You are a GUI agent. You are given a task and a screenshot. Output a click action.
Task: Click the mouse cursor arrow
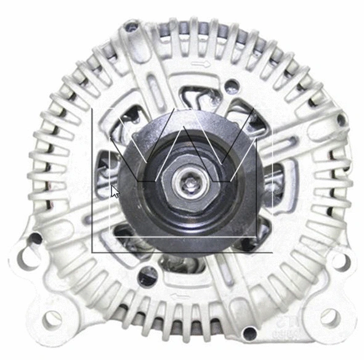coord(115,192)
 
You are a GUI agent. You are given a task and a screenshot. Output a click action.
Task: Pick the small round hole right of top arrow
coord(232,85)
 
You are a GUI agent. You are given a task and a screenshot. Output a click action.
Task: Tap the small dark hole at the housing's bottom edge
coord(249,333)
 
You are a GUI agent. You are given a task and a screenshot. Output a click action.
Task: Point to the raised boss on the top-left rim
coord(130,26)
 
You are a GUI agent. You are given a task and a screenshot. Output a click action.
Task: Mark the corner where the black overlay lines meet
coord(92,252)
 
